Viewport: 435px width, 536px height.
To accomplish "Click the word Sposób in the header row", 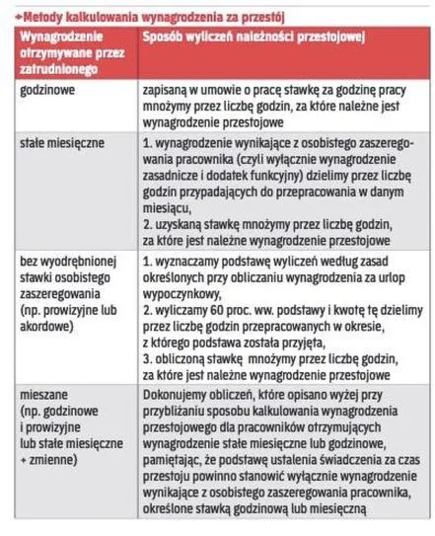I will click(x=163, y=37).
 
